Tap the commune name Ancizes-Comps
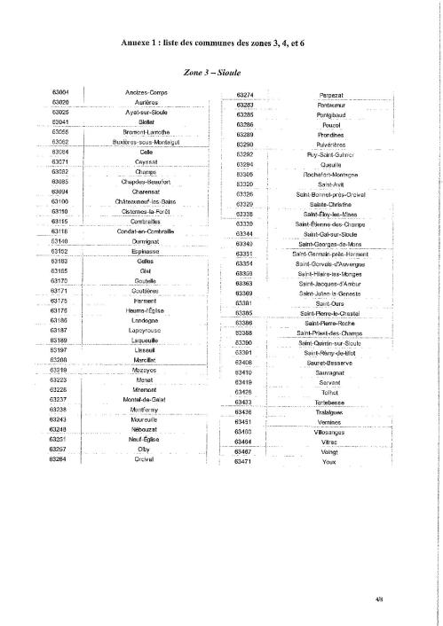tap(147, 93)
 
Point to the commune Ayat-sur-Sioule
tap(147, 113)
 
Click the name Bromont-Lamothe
tap(147, 132)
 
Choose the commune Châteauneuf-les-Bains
tap(147, 201)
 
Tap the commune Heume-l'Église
tap(147, 310)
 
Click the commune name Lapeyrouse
tap(147, 330)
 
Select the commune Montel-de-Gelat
tap(147, 399)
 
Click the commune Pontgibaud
tap(329, 115)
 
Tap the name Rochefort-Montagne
tap(329, 175)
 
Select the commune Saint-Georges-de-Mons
tap(329, 244)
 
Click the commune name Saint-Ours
tap(329, 303)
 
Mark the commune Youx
tap(329, 462)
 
